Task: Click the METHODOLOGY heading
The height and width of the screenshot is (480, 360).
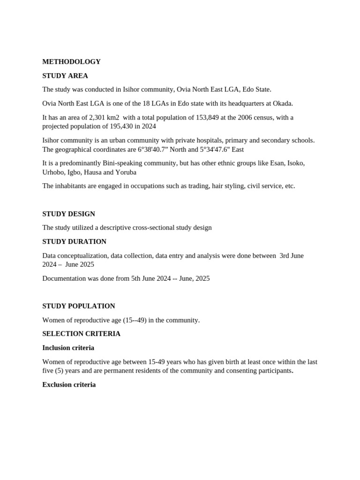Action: (x=71, y=62)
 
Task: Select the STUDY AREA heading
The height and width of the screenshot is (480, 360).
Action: (x=65, y=76)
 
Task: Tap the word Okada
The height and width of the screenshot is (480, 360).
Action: (x=282, y=104)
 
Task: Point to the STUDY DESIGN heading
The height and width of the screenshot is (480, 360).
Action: (x=68, y=214)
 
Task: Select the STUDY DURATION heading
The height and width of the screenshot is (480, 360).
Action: (x=74, y=242)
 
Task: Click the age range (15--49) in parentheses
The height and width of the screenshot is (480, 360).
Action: (x=135, y=320)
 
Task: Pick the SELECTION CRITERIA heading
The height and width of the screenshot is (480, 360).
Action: (x=81, y=334)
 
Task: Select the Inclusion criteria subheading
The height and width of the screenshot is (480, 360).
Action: (x=68, y=348)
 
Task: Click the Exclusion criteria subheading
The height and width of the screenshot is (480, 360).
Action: (x=69, y=385)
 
